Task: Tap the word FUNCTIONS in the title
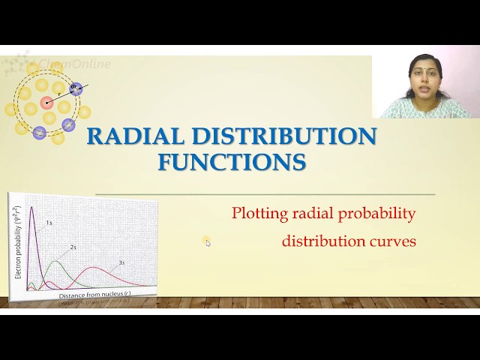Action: [x=232, y=162]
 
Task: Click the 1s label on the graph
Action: [x=49, y=223]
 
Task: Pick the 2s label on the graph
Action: [x=73, y=246]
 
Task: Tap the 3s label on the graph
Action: [x=121, y=262]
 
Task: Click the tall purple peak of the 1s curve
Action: [x=32, y=208]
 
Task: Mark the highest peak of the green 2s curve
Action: [x=55, y=262]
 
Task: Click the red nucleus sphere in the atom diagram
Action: [x=47, y=103]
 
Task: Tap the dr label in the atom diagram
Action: [x=73, y=87]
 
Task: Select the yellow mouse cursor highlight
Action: [x=207, y=241]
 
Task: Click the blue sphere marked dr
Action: [x=76, y=90]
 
